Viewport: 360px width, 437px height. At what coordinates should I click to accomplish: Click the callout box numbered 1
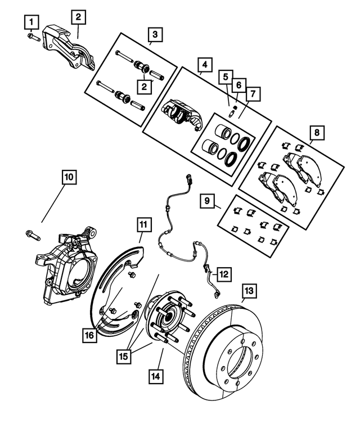(31, 22)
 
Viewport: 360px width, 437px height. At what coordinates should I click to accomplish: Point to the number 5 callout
(224, 76)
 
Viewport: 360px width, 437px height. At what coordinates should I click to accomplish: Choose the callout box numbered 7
(251, 92)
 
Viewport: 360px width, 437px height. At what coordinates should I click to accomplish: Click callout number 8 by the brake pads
(317, 133)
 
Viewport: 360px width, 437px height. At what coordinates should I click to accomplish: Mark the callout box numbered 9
(207, 200)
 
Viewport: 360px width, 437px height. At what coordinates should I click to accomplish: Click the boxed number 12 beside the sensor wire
(223, 274)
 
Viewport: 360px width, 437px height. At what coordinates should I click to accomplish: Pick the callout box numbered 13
(249, 291)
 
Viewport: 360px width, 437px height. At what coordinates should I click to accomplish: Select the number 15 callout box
(125, 356)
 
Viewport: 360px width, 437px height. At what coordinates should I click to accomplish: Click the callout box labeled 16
(88, 336)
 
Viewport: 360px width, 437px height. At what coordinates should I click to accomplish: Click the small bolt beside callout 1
(31, 37)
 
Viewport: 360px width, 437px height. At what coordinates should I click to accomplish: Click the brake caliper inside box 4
(182, 112)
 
